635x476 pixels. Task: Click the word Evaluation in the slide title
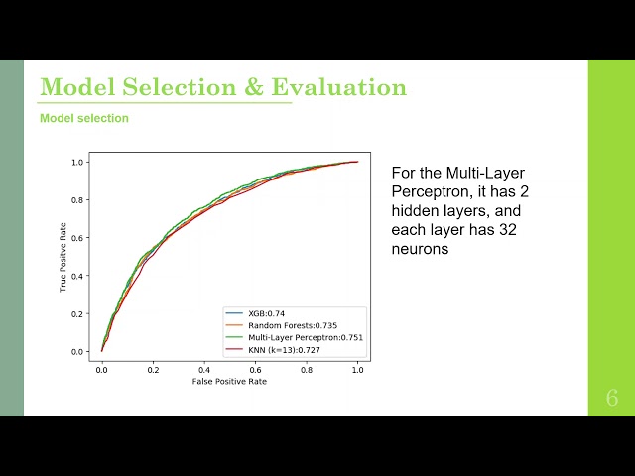(x=338, y=86)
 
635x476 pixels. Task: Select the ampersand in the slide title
(x=254, y=86)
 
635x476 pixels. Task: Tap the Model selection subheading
(x=84, y=118)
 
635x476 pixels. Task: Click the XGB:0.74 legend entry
(x=267, y=313)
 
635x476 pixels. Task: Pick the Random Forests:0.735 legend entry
(x=293, y=326)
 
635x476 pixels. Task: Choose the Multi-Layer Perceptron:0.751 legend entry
(x=306, y=337)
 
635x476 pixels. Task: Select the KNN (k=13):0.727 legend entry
(x=285, y=350)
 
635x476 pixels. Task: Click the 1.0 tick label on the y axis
(x=77, y=163)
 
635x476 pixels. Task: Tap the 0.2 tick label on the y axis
(x=77, y=314)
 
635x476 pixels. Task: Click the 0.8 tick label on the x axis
(x=307, y=370)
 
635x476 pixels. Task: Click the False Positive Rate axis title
(x=229, y=381)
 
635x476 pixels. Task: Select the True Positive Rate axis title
(x=63, y=257)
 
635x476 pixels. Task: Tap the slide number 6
(x=612, y=398)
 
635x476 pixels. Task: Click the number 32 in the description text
(x=507, y=230)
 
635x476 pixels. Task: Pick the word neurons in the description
(x=420, y=249)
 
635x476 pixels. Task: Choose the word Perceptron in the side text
(x=431, y=191)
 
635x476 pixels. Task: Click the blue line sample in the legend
(x=234, y=313)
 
